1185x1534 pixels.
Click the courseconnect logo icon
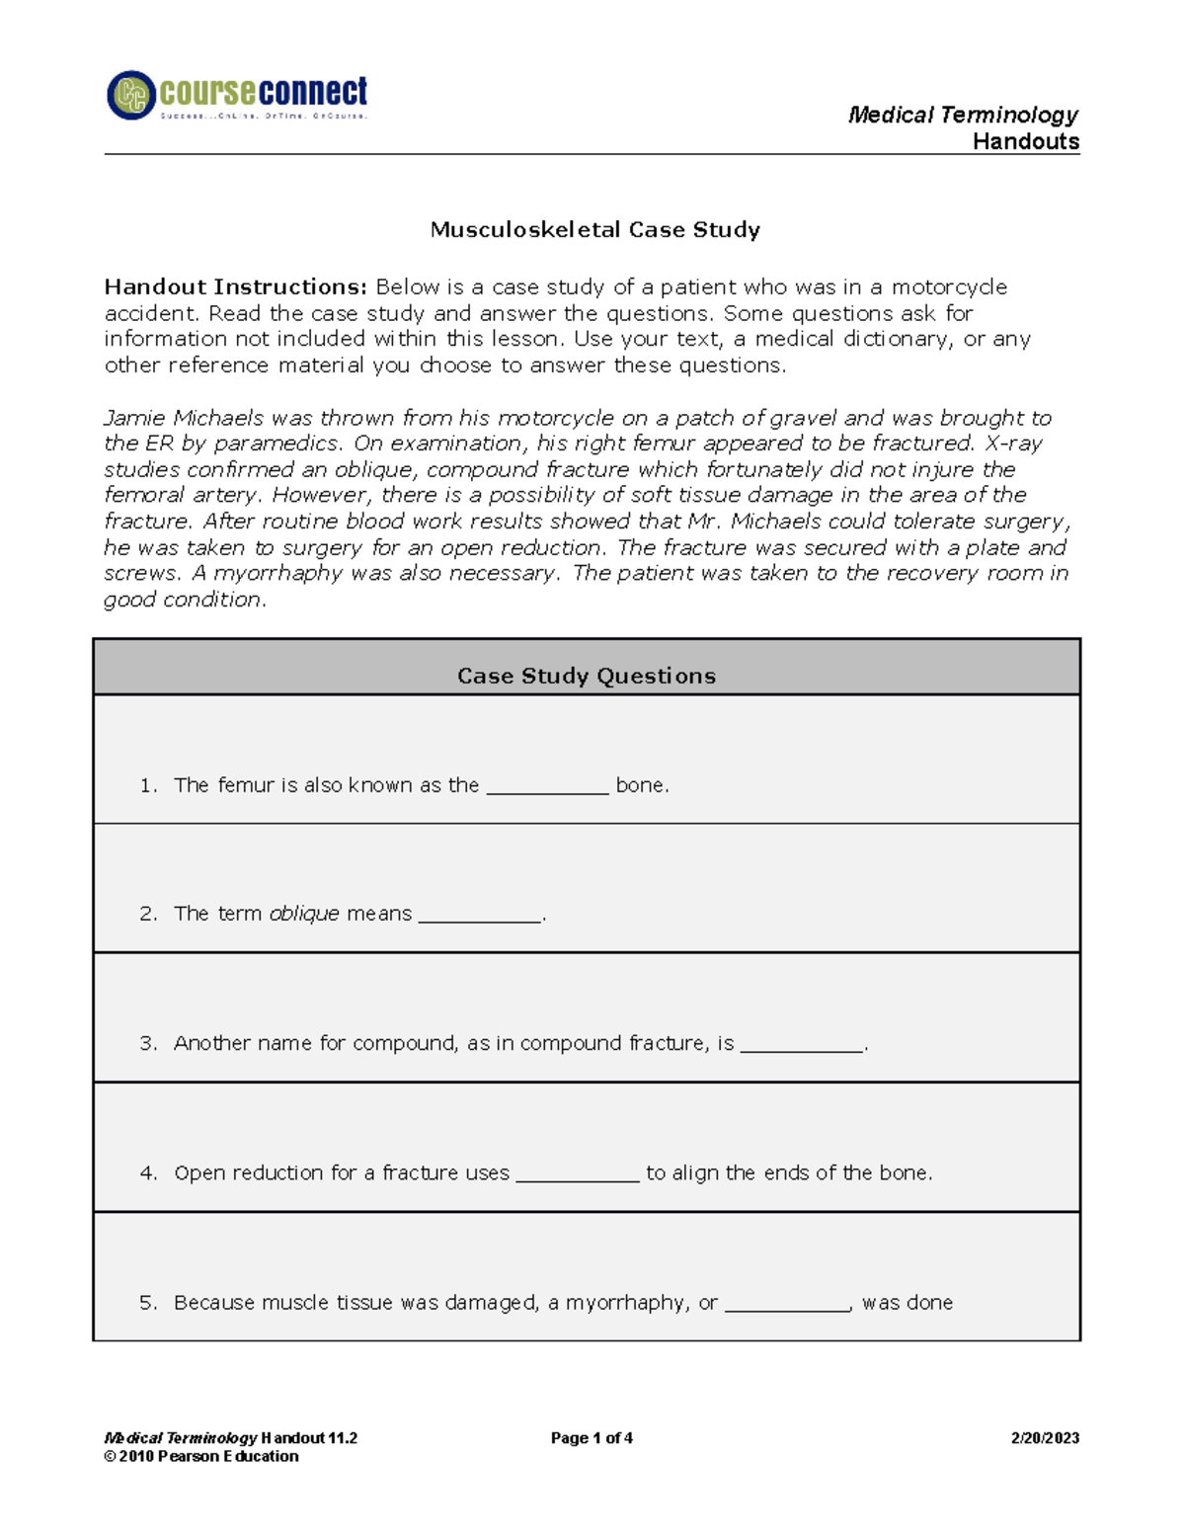(131, 96)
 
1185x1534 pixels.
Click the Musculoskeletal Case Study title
(594, 230)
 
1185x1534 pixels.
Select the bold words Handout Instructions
(235, 287)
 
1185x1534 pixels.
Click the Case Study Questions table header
(587, 676)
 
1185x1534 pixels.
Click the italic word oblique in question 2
(304, 914)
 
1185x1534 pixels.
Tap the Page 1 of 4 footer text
(592, 1438)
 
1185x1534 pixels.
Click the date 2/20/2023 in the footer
(1045, 1438)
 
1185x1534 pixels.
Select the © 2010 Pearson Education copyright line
(201, 1456)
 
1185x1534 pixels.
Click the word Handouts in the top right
(1026, 142)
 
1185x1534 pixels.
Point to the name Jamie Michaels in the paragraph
(184, 418)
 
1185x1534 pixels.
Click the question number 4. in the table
(148, 1173)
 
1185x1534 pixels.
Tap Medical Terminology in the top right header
(963, 116)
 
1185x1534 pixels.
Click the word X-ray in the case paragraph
(1014, 444)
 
